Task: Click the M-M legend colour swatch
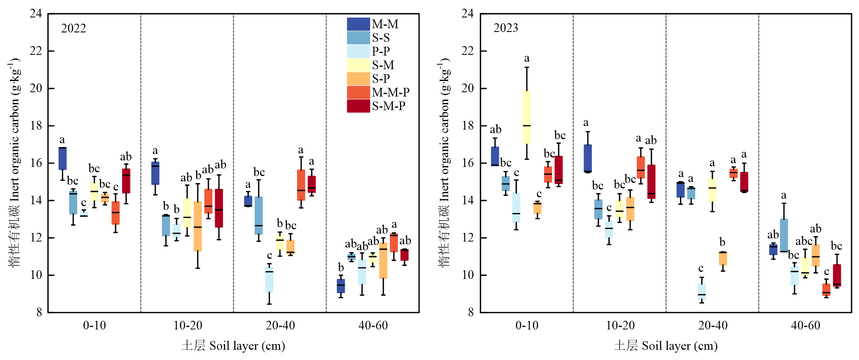358,24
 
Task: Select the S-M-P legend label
388,106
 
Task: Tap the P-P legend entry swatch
358,51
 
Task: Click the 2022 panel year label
74,28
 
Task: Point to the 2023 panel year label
506,28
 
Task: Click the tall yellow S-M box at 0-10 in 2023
527,117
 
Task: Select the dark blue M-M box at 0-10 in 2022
62,158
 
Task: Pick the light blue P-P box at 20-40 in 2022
269,280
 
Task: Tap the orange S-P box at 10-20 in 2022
198,226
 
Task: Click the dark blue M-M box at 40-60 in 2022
341,286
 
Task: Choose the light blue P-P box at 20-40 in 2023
702,291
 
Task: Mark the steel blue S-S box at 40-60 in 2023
784,235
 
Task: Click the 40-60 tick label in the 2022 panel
373,325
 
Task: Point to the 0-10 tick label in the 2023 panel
527,325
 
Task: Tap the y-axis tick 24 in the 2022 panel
36,13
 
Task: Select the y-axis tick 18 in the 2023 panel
468,126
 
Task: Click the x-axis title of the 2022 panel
233,346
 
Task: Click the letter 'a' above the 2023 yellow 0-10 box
527,59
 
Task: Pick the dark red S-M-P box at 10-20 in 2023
651,181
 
